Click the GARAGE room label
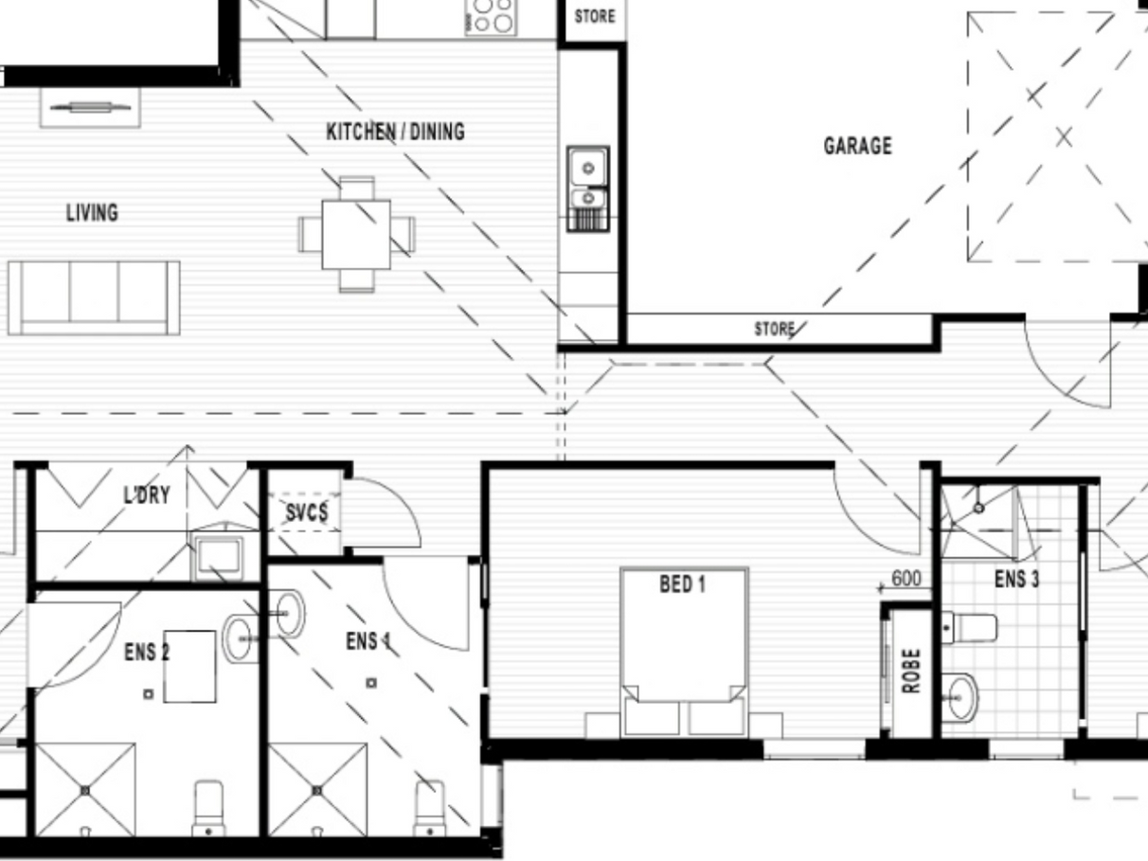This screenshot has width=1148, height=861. tap(858, 146)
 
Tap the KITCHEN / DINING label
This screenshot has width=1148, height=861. tap(395, 132)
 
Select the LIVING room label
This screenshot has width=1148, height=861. tap(92, 213)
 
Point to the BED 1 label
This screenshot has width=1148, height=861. tap(683, 583)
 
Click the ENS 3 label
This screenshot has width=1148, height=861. tap(1016, 580)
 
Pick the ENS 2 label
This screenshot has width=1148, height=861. tap(147, 653)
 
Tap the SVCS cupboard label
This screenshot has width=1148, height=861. tap(307, 512)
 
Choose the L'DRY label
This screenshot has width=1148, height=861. tap(147, 495)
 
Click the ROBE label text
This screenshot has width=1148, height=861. tap(911, 672)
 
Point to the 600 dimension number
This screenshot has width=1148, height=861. tap(906, 578)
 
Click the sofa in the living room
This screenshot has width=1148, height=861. tap(94, 298)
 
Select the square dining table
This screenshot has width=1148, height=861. tap(356, 235)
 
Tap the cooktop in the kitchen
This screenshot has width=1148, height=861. tap(491, 18)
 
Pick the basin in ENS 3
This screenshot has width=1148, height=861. tap(960, 698)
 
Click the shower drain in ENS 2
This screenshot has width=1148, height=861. tap(85, 791)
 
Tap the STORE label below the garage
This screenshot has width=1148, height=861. tap(775, 329)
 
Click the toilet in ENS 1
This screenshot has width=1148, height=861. tap(430, 809)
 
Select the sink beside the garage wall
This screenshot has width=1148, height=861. tap(588, 188)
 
